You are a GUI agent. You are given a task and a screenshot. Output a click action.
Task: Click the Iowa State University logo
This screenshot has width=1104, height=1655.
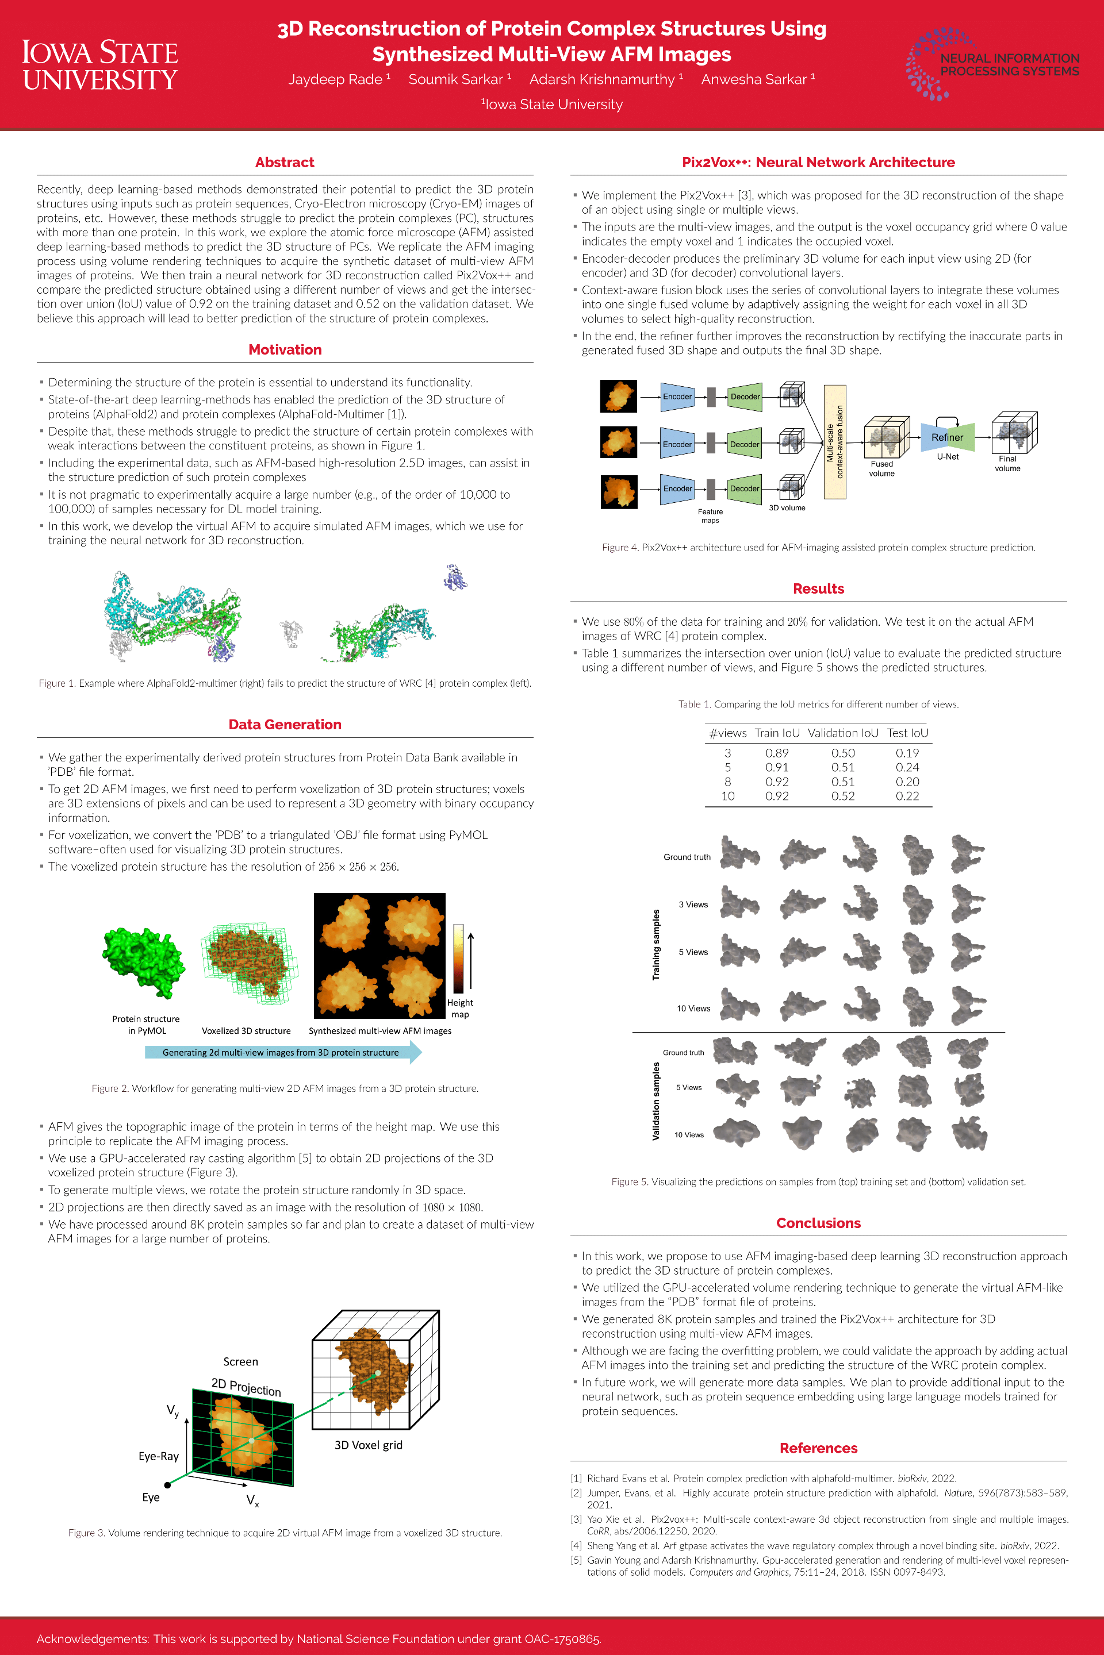coord(99,65)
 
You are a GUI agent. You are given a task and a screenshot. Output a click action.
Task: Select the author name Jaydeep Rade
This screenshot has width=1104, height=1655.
coord(335,79)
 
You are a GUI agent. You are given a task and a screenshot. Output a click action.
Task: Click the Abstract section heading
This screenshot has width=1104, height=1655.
coord(285,163)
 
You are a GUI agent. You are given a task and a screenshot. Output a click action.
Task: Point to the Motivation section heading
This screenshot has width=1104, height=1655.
coord(285,350)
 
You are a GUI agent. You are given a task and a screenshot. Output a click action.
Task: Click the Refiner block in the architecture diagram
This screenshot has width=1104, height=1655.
coord(947,437)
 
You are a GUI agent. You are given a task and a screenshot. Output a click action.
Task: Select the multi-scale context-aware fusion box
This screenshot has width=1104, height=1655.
coord(834,442)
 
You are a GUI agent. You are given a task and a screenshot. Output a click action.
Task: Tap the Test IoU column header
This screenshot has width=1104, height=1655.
coord(907,733)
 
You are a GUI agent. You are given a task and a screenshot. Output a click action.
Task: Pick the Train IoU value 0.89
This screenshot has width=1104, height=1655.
coord(777,753)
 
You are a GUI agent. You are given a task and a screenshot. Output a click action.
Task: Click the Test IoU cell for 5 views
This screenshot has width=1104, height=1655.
coord(907,767)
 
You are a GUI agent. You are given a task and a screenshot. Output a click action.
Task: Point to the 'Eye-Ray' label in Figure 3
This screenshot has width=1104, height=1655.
coord(159,1456)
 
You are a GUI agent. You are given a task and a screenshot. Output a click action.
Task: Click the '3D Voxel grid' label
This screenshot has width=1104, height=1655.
coord(368,1445)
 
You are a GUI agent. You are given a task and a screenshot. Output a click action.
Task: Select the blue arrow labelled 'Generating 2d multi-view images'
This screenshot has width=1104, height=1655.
coord(282,1053)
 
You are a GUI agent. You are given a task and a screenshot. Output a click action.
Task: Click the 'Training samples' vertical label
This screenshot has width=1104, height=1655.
coord(656,944)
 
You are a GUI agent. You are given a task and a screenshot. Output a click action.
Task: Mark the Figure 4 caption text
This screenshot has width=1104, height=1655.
coord(818,548)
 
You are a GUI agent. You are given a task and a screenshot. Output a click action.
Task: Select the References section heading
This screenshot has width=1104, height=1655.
coord(818,1448)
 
